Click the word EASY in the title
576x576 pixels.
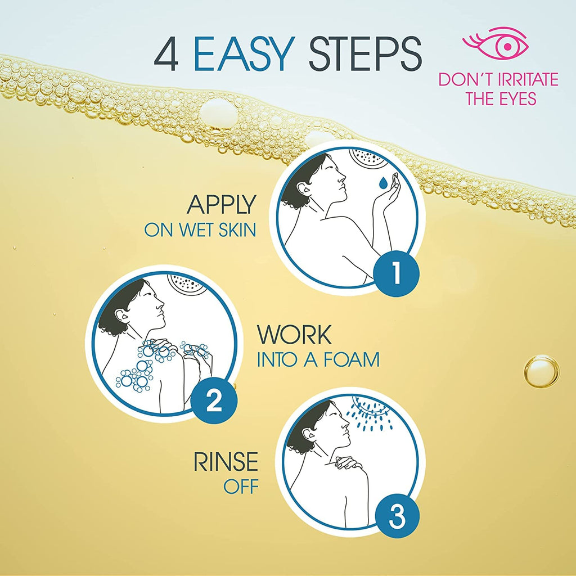point(244,55)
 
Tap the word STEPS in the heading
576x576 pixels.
point(365,55)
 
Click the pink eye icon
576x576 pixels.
point(495,42)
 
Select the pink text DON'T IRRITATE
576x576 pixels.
point(498,79)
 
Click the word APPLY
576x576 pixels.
point(221,205)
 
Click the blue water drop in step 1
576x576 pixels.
point(383,182)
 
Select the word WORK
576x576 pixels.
point(294,335)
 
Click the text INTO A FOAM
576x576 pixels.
point(318,359)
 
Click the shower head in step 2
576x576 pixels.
point(187,283)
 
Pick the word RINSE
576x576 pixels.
point(226,462)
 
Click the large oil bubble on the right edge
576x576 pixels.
point(541,371)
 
